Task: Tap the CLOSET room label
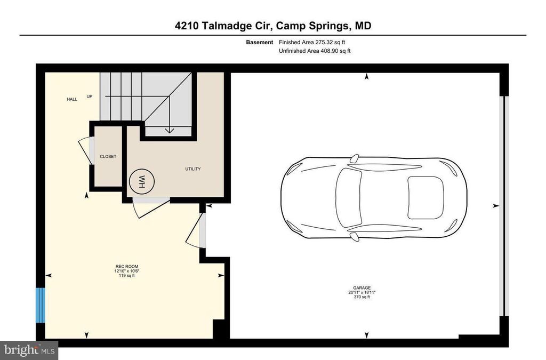pyautogui.click(x=108, y=156)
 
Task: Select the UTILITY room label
pyautogui.click(x=192, y=169)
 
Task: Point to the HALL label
pyautogui.click(x=72, y=99)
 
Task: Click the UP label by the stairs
pyautogui.click(x=90, y=97)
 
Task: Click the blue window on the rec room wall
pyautogui.click(x=40, y=305)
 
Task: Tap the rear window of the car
pyautogui.click(x=425, y=197)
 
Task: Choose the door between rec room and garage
pyautogui.click(x=197, y=230)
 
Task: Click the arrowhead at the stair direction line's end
pyautogui.click(x=170, y=130)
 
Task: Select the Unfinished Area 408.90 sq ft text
pyautogui.click(x=315, y=51)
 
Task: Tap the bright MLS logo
pyautogui.click(x=29, y=350)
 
